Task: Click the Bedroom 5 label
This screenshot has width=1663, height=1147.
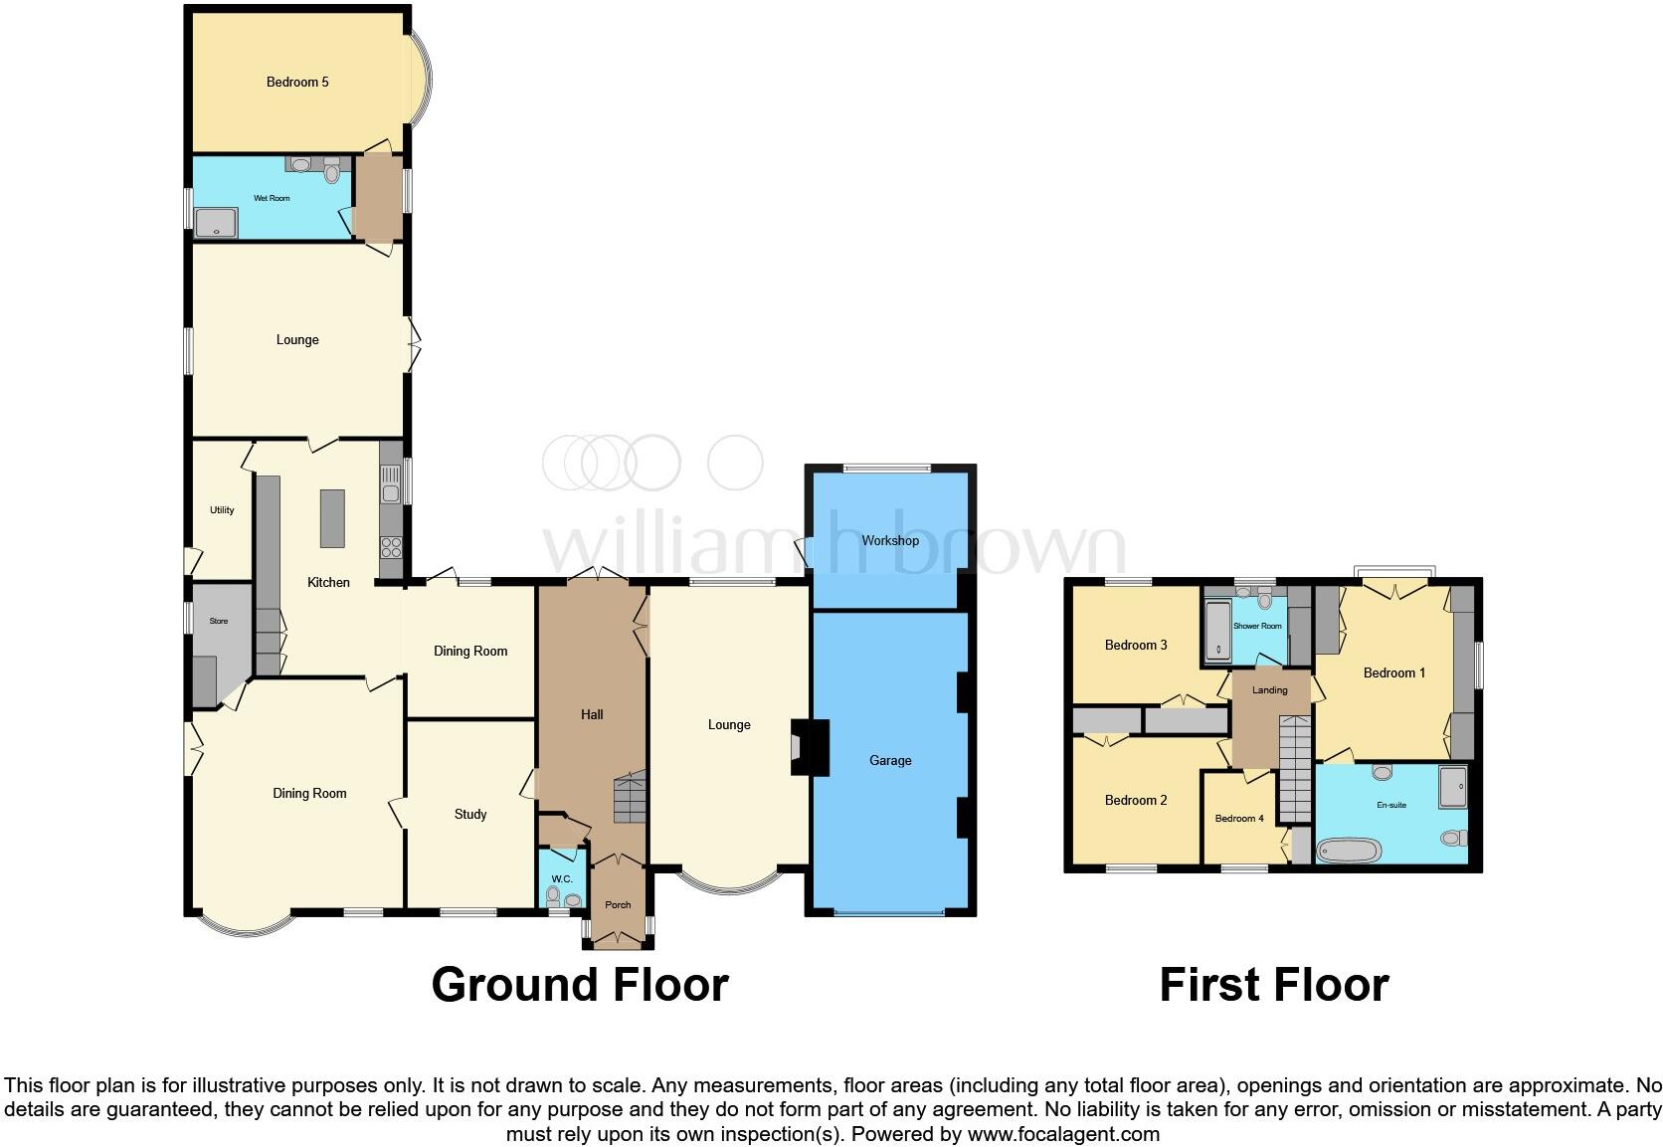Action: [297, 82]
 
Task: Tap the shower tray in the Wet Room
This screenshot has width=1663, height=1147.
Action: [216, 223]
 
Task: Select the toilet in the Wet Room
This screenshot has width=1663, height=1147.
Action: [332, 173]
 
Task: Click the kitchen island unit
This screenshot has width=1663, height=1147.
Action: [332, 518]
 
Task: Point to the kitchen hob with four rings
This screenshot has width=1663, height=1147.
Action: [391, 546]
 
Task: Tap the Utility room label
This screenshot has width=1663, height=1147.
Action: [222, 510]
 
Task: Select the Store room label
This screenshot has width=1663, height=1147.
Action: [219, 621]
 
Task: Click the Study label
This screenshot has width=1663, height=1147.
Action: [470, 814]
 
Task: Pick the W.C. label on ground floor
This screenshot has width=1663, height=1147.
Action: [562, 879]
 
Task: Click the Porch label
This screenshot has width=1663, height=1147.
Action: [618, 905]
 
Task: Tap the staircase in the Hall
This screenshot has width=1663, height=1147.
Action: [630, 797]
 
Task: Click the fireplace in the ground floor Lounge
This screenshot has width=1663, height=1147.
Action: [809, 747]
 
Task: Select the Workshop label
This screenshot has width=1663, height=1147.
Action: [890, 540]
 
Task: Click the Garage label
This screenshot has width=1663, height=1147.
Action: [890, 760]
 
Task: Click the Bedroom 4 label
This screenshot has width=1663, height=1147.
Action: [1239, 819]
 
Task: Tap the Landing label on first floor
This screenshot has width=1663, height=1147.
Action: [1270, 689]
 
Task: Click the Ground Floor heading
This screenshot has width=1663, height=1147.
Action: [580, 985]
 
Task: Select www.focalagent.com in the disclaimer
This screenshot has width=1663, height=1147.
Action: [1062, 1134]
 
